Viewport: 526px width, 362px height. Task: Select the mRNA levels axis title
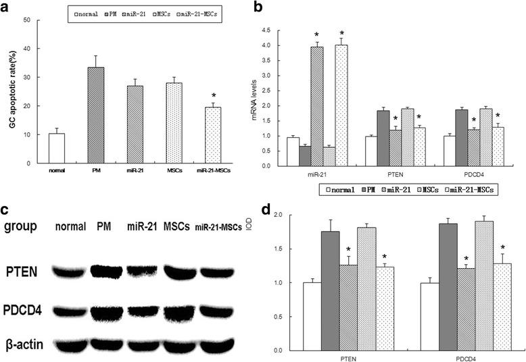(x=255, y=98)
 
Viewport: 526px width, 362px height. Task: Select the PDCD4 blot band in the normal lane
(x=67, y=312)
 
